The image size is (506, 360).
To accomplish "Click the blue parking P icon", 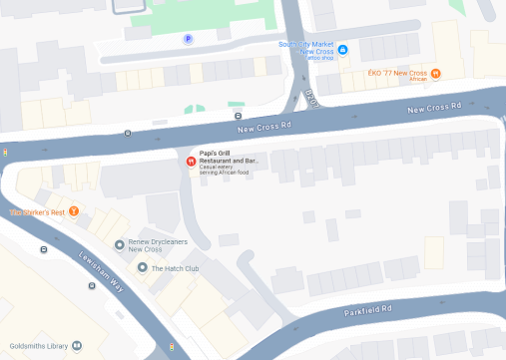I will (188, 39).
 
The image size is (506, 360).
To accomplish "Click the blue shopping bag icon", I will (342, 49).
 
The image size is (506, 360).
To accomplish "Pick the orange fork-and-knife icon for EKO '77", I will (435, 74).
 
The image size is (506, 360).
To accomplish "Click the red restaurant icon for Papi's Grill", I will (191, 160).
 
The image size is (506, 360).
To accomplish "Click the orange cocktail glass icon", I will (73, 211).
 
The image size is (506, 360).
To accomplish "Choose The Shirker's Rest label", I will (36, 211).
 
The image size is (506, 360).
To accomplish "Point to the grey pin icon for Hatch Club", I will (142, 268).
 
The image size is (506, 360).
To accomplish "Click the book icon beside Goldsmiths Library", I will (75, 346).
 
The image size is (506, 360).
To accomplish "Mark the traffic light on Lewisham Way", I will (172, 346).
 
